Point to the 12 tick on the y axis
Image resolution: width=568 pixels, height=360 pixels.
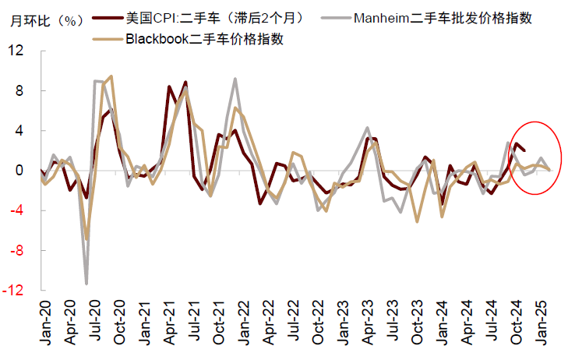click(x=16, y=51)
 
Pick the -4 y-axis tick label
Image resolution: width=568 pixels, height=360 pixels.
click(x=17, y=210)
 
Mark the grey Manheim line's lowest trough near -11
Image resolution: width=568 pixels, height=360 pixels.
click(x=86, y=284)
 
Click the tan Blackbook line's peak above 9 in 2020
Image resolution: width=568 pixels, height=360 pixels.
click(x=111, y=76)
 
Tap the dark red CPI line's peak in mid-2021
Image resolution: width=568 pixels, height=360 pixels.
click(x=185, y=82)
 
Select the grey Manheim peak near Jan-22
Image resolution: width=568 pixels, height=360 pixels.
click(x=235, y=79)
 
